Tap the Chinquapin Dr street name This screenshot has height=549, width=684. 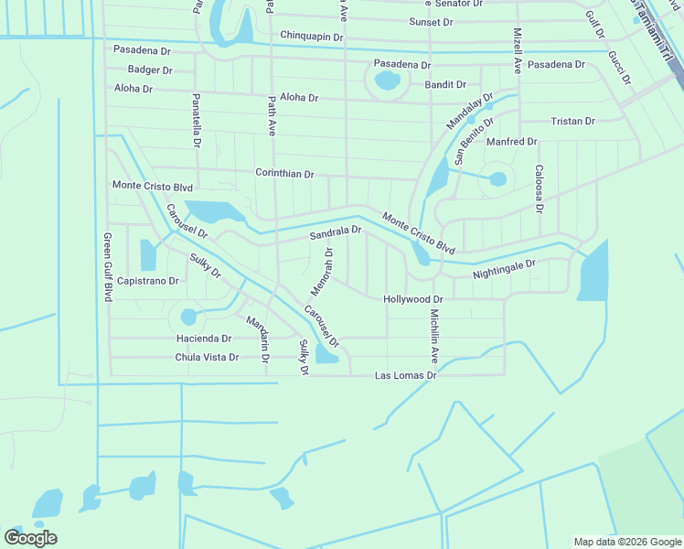click(x=311, y=37)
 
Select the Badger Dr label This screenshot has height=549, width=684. click(x=150, y=70)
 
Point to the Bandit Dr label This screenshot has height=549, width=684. click(x=445, y=84)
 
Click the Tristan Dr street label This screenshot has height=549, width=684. click(x=572, y=121)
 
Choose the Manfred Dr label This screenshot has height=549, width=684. click(x=511, y=142)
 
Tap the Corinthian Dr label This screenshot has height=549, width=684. click(x=284, y=173)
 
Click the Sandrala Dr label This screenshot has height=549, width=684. click(x=336, y=234)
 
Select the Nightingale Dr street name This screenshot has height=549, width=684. click(x=504, y=269)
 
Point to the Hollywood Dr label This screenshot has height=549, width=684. click(x=412, y=299)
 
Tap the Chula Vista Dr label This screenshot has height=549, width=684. click(x=207, y=358)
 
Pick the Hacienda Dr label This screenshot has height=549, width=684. click(x=204, y=339)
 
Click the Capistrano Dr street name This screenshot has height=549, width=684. click(x=147, y=281)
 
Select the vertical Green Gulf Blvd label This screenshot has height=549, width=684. click(x=107, y=267)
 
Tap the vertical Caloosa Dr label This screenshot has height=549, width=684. click(x=540, y=188)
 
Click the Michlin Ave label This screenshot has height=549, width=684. click(x=435, y=335)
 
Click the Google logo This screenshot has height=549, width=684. click(x=30, y=538)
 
